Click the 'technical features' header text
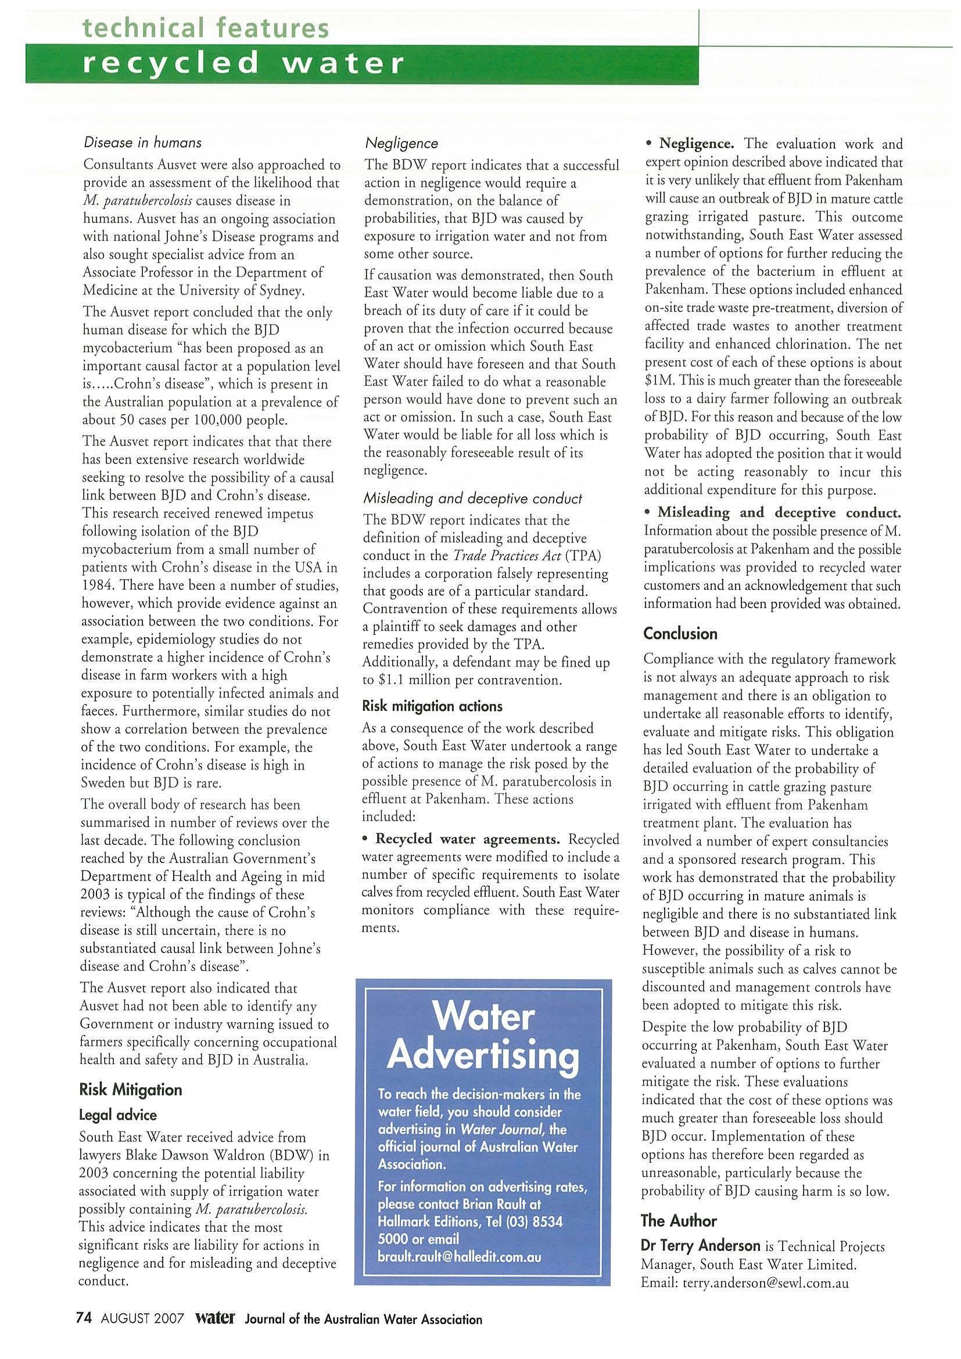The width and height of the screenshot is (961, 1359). click(206, 28)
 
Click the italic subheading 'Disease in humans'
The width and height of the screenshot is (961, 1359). click(142, 143)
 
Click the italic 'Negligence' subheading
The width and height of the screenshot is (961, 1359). click(401, 143)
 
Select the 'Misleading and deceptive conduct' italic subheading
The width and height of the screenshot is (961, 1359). click(472, 498)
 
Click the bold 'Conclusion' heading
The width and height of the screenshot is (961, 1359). click(680, 634)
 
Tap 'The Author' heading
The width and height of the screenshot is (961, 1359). click(679, 1221)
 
